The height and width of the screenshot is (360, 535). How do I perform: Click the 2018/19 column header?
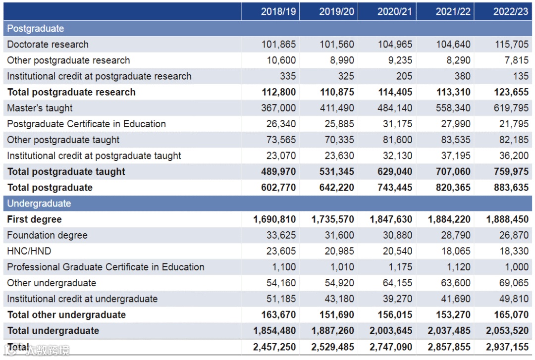tap(278, 11)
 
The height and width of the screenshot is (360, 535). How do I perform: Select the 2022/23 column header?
tap(511, 11)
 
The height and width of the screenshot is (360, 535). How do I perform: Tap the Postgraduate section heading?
tap(36, 28)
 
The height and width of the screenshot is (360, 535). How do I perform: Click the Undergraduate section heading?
tap(39, 204)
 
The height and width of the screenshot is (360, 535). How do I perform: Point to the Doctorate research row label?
tap(48, 45)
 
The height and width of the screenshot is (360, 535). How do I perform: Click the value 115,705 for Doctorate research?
tap(512, 45)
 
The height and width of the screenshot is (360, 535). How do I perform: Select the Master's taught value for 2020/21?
tap(395, 108)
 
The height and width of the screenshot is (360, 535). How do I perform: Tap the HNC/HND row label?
tap(29, 251)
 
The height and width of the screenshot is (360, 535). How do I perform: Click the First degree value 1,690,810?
tap(274, 219)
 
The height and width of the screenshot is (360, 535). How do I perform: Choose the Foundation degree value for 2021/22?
tap(453, 235)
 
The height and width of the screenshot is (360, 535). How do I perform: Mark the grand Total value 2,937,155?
tap(507, 347)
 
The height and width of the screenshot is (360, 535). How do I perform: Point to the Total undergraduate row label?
tap(53, 331)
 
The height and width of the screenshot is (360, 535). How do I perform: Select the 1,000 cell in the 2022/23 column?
tap(517, 267)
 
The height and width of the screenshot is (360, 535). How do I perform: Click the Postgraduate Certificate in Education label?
tap(87, 124)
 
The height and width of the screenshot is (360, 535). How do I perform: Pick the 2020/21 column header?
tap(395, 11)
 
